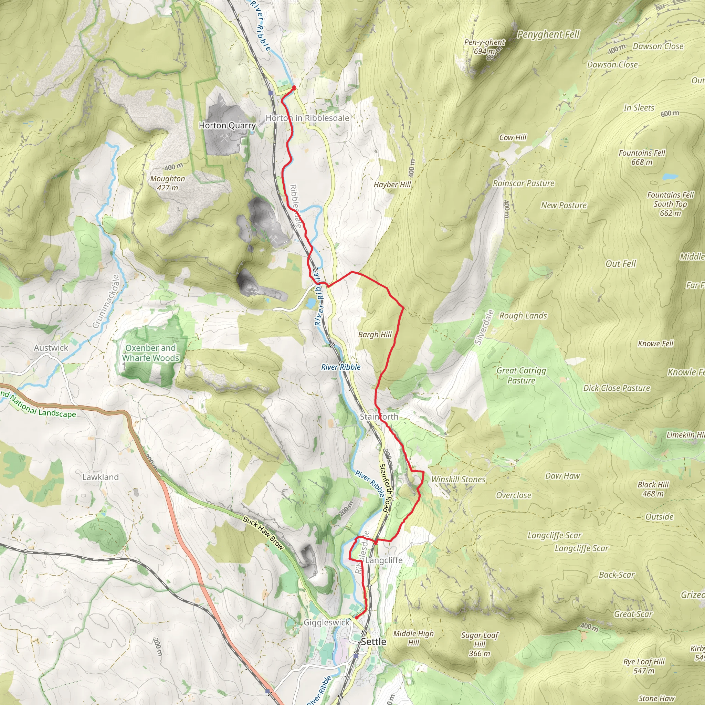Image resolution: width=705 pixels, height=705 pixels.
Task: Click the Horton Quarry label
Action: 227,126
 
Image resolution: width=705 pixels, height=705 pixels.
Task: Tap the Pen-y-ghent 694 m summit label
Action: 484,47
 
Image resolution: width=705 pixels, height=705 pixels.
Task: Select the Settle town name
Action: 373,642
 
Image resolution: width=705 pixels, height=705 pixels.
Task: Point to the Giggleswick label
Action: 327,622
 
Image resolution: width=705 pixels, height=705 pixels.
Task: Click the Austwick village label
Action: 51,348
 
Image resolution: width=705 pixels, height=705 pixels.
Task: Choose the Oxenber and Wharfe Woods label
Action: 151,353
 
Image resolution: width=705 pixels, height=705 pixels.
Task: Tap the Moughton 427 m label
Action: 168,183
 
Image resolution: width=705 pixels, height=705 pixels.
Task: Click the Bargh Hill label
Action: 375,335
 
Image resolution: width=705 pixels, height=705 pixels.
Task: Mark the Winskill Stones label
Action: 458,480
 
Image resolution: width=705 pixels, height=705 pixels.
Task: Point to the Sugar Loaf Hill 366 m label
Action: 480,644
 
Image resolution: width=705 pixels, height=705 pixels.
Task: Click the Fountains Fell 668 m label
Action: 642,157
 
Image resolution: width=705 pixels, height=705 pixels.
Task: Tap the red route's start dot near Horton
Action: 294,87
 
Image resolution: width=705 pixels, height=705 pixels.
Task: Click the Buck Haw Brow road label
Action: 263,533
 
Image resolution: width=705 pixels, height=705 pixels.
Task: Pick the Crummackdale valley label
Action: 106,302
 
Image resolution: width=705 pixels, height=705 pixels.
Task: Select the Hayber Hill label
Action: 392,185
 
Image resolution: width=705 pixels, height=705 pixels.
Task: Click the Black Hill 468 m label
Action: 653,489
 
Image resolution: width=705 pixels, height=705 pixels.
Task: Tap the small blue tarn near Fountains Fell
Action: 670,177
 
